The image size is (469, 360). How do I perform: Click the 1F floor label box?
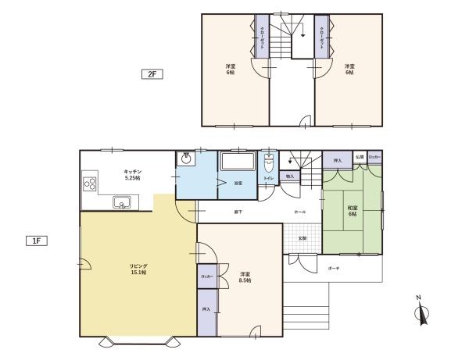click(37, 241)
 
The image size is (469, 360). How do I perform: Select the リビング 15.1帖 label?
click(138, 269)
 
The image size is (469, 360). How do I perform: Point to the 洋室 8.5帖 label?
click(245, 276)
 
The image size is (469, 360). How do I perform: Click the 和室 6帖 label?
click(352, 210)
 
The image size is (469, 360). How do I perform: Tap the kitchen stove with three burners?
click(89, 186)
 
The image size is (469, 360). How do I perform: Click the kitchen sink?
click(123, 203)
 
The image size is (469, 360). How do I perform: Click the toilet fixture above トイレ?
click(269, 164)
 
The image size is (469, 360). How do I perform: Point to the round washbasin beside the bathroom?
click(185, 159)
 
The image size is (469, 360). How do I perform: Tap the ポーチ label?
click(334, 268)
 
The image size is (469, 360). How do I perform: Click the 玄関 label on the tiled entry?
click(302, 237)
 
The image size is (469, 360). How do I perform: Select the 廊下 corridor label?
click(237, 212)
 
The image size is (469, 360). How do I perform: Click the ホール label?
click(300, 212)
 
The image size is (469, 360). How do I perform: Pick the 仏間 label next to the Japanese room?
click(359, 158)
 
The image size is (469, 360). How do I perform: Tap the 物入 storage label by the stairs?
click(289, 176)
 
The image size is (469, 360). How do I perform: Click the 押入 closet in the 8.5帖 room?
click(206, 311)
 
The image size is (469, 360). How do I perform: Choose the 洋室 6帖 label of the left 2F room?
click(231, 70)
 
